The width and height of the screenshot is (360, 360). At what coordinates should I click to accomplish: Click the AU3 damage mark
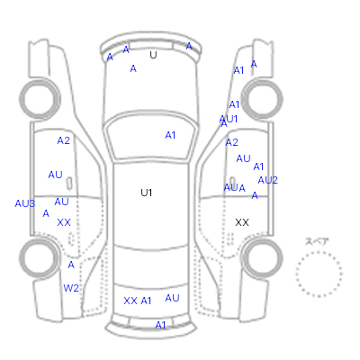click(25, 203)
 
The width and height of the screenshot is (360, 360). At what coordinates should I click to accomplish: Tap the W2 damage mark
click(71, 288)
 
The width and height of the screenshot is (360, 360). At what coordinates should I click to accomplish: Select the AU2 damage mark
click(267, 180)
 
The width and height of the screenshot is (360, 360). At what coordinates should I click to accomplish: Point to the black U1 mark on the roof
click(147, 193)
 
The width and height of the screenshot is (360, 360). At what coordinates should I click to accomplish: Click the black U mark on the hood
click(153, 55)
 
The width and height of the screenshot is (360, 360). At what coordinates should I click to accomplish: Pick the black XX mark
click(242, 222)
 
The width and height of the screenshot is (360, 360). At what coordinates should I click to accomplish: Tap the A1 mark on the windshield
click(170, 135)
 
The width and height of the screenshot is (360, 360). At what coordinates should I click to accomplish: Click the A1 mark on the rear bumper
click(160, 325)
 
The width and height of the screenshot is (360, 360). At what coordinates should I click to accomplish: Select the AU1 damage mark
click(229, 119)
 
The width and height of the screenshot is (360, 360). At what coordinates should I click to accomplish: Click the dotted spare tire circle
click(319, 252)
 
